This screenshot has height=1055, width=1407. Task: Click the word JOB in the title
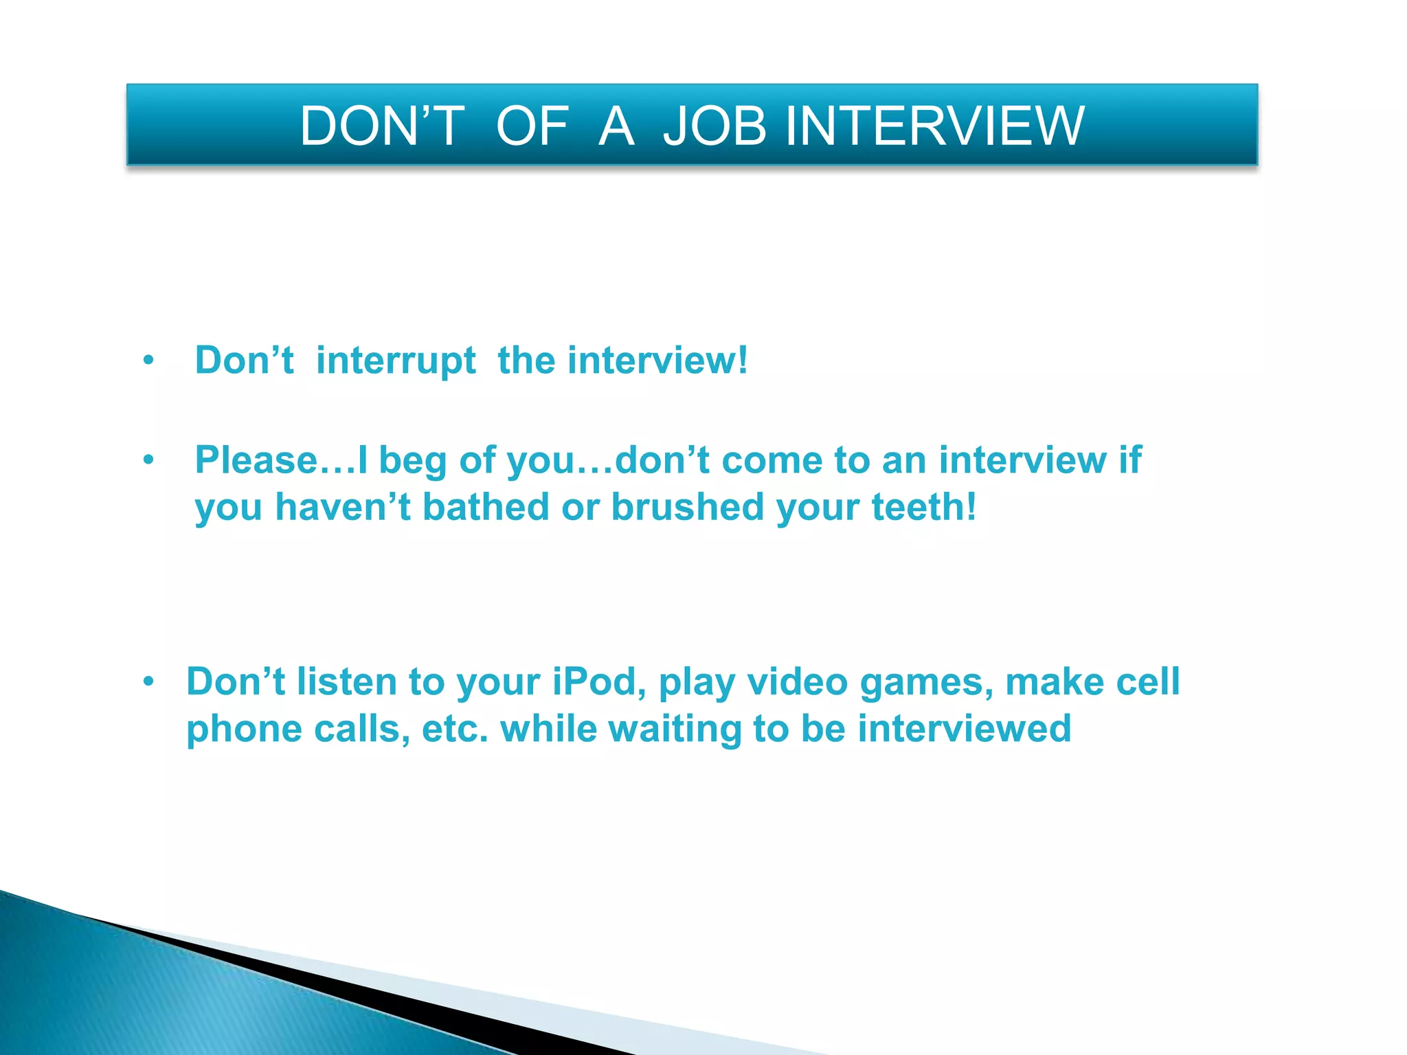(x=714, y=126)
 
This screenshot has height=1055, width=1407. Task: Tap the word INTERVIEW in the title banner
(x=934, y=126)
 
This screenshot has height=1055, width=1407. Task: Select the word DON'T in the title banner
(x=382, y=126)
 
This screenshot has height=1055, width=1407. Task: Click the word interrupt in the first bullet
(x=396, y=361)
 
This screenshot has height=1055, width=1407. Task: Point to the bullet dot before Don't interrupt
(x=148, y=361)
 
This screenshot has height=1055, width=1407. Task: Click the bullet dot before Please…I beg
(x=148, y=460)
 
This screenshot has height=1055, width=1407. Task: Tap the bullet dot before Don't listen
(x=148, y=682)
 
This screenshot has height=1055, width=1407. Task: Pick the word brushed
(x=687, y=508)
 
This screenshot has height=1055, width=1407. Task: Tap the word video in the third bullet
(x=797, y=682)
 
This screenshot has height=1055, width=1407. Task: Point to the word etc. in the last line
(x=455, y=729)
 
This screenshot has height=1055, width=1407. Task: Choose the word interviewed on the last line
(x=964, y=729)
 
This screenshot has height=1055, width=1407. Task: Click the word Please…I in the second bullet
(x=281, y=460)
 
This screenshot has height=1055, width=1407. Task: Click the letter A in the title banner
(x=616, y=126)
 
